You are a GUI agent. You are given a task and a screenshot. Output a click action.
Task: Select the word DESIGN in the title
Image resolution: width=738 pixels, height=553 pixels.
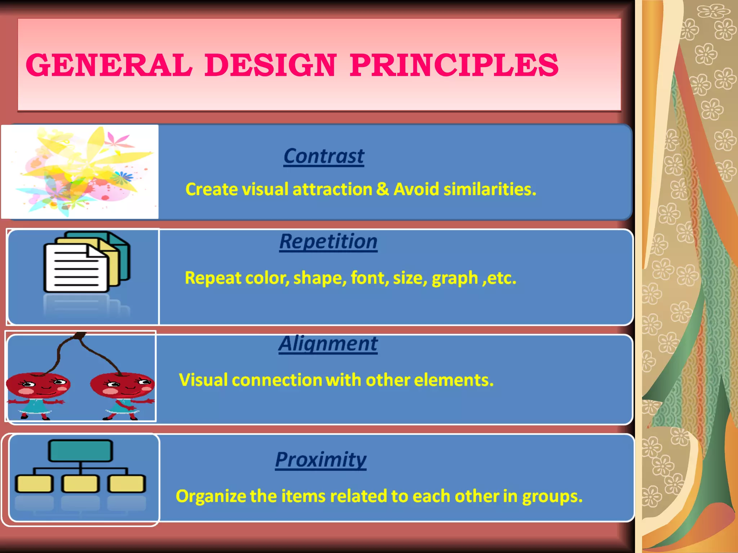coord(271,65)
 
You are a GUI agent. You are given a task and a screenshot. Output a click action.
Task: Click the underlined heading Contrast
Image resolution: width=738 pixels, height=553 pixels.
coord(324,156)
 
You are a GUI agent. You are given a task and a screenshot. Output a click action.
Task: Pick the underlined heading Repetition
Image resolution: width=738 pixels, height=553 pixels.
coord(328,241)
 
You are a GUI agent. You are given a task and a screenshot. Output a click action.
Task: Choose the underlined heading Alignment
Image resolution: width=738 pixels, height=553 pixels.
coord(328,343)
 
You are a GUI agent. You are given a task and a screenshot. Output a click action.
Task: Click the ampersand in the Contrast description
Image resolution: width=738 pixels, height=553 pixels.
coord(383,189)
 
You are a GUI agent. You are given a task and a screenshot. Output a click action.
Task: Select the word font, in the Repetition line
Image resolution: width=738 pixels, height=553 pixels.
coord(370,278)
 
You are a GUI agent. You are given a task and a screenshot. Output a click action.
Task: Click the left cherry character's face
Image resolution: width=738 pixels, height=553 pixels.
coord(40,385)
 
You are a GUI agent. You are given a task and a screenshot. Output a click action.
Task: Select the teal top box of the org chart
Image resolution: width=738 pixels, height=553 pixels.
coord(80,450)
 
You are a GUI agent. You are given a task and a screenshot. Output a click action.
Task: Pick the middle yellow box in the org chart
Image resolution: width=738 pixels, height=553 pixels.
coord(80,484)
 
